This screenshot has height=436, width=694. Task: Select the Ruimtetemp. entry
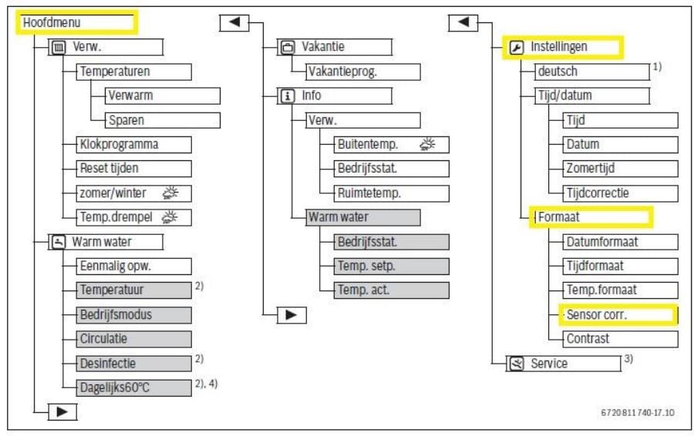[382, 193]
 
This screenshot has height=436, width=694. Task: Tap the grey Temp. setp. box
[382, 266]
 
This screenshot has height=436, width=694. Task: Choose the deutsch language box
[590, 72]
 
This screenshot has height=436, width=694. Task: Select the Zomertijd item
[613, 169]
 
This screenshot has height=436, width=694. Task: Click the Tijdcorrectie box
[613, 193]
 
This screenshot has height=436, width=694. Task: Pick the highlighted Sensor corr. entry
[616, 314]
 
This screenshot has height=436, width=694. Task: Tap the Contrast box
[613, 338]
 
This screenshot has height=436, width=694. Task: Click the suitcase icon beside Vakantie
[287, 48]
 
